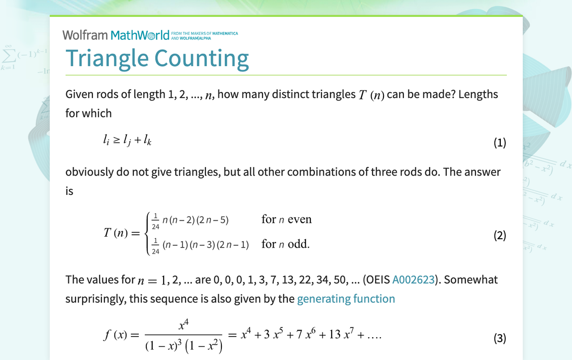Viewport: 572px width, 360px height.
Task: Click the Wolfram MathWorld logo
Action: [116, 35]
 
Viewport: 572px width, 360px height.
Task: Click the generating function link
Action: [346, 299]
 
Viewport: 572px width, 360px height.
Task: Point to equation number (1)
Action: [499, 143]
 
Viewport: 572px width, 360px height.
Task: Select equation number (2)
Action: [499, 235]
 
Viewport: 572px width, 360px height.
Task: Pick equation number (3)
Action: [499, 339]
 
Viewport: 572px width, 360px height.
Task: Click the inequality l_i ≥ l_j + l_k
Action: [127, 141]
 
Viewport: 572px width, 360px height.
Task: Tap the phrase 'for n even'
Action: [286, 219]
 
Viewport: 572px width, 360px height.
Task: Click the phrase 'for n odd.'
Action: [286, 244]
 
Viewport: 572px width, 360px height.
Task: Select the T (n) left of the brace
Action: [116, 232]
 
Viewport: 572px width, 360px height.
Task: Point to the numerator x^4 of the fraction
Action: [184, 326]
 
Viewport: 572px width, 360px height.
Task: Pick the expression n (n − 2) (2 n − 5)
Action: [195, 220]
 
